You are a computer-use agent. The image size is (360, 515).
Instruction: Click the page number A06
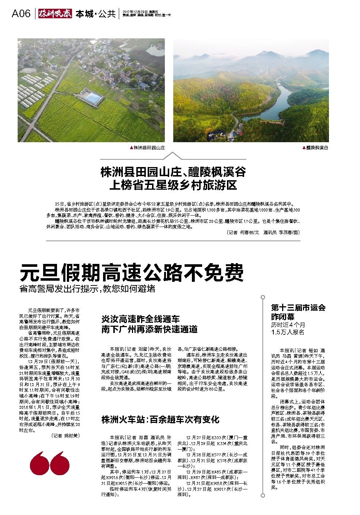pyautogui.click(x=21, y=14)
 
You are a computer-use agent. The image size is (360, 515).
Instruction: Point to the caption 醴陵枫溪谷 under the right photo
pyautogui.click(x=317, y=148)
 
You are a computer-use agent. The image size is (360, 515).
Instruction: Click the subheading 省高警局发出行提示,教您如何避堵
pyautogui.click(x=87, y=288)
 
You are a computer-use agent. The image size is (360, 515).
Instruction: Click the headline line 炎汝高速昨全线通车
pyautogui.click(x=140, y=319)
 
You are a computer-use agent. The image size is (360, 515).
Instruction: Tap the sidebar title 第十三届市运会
pyautogui.click(x=298, y=307)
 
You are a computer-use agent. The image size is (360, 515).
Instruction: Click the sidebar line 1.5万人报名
pyautogui.click(x=288, y=332)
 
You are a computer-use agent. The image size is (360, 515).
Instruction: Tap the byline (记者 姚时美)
pyautogui.click(x=65, y=435)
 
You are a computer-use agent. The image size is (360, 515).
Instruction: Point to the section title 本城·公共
pyautogui.click(x=95, y=14)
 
